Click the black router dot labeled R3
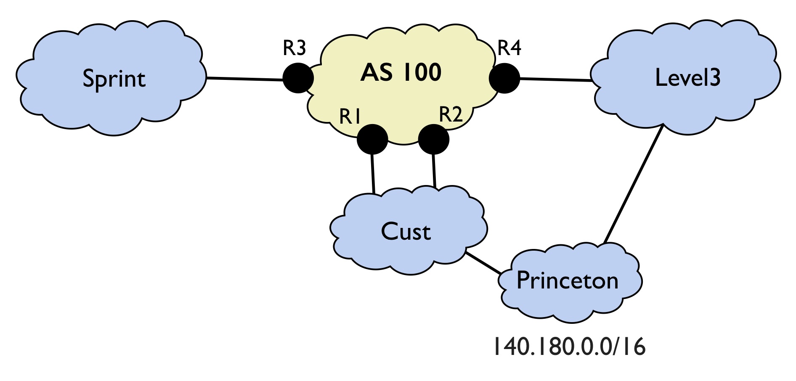coord(298,78)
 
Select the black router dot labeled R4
coord(504,78)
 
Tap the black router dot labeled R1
coord(372,139)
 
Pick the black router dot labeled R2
coord(434,139)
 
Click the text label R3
coord(294,48)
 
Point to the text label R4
coord(509,48)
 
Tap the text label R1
coord(350,116)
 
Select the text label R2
coord(451,114)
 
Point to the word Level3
coord(688,77)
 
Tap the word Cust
coord(406,231)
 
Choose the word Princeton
coord(568,280)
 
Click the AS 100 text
coord(401,72)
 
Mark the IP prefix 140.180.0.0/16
coord(569,347)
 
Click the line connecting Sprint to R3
coord(244,79)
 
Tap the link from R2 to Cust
coord(434,171)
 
